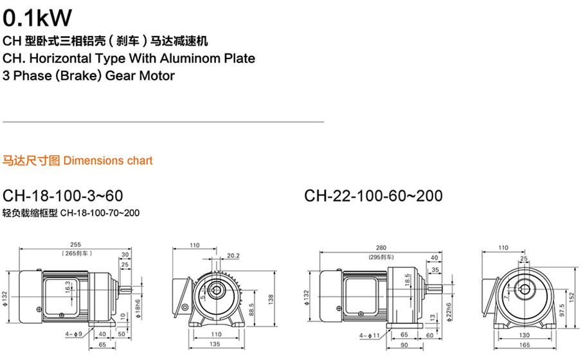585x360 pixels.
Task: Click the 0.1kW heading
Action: (x=37, y=17)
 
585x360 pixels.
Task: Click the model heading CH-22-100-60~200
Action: (x=373, y=196)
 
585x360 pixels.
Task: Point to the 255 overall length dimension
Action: (x=75, y=245)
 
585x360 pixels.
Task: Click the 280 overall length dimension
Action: (x=381, y=248)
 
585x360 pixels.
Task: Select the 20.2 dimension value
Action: (x=233, y=256)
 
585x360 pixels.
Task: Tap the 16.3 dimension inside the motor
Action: (x=67, y=287)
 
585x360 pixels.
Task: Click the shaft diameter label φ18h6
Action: (x=138, y=309)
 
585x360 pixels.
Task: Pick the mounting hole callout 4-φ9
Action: (x=73, y=334)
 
